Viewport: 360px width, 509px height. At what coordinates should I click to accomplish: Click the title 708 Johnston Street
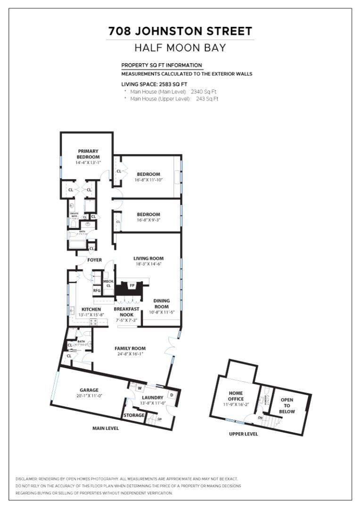pyautogui.click(x=180, y=32)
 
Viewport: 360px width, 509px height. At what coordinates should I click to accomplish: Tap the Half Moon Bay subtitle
pyautogui.click(x=180, y=48)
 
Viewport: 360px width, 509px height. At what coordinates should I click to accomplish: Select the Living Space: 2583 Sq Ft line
pyautogui.click(x=151, y=84)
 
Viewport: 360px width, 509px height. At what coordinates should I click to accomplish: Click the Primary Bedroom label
pyautogui.click(x=88, y=154)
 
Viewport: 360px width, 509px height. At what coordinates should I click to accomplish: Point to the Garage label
pyautogui.click(x=89, y=390)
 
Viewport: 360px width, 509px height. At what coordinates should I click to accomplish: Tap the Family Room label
pyautogui.click(x=130, y=349)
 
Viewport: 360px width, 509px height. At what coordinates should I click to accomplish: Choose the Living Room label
pyautogui.click(x=148, y=258)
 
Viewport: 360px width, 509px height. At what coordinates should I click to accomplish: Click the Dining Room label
pyautogui.click(x=162, y=304)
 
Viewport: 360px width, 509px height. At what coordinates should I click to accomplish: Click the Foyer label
pyautogui.click(x=94, y=260)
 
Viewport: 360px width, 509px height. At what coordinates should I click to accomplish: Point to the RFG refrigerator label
pyautogui.click(x=97, y=290)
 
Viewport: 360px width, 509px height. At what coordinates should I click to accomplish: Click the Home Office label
pyautogui.click(x=236, y=396)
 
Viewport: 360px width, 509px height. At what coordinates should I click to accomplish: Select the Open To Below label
pyautogui.click(x=287, y=406)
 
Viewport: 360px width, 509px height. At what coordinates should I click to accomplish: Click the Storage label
pyautogui.click(x=133, y=415)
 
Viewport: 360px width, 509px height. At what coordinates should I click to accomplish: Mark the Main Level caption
pyautogui.click(x=106, y=428)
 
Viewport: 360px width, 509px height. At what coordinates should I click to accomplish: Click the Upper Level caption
pyautogui.click(x=243, y=434)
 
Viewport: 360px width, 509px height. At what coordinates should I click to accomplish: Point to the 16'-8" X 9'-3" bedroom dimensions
pyautogui.click(x=148, y=220)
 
